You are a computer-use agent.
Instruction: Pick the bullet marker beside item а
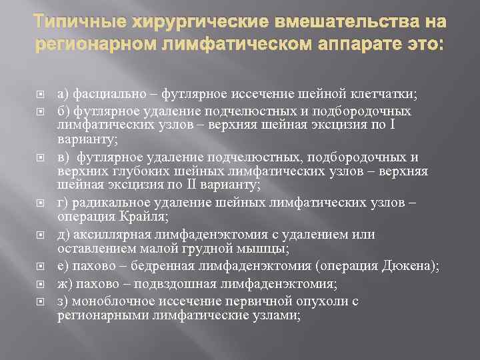[x=39, y=95]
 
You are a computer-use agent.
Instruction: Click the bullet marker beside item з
[x=39, y=302]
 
